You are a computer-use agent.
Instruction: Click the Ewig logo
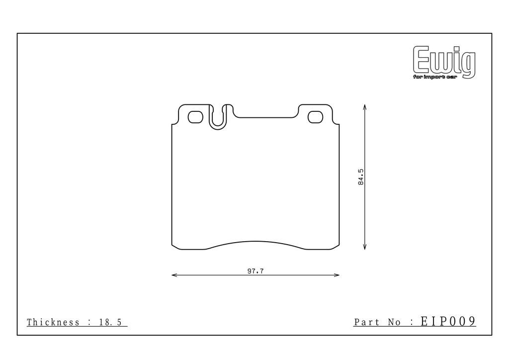coord(444,62)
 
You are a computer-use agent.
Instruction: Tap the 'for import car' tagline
coord(435,77)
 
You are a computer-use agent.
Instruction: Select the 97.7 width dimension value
coord(255,271)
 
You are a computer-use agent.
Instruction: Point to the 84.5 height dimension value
coord(361,177)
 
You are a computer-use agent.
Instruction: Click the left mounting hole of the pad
coord(195,117)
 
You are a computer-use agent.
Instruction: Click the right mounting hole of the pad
coord(315,117)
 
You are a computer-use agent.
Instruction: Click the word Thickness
coord(53,322)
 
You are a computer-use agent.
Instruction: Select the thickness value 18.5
coord(110,322)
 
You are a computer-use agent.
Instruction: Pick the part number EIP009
coord(448,321)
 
